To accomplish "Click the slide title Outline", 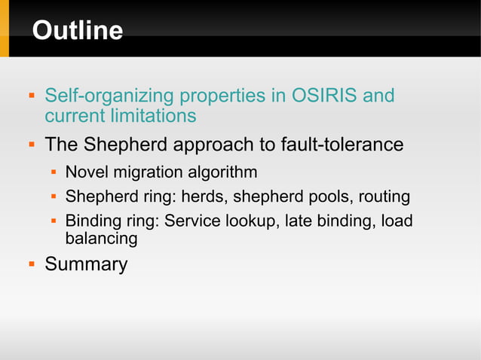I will pyautogui.click(x=77, y=30).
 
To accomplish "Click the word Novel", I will pyautogui.click(x=87, y=172).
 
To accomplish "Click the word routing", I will pyautogui.click(x=384, y=197).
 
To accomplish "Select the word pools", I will pyautogui.click(x=329, y=197).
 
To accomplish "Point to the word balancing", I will pyautogui.click(x=101, y=239).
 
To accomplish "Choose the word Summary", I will pyautogui.click(x=86, y=264).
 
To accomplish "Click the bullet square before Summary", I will pyautogui.click(x=32, y=264).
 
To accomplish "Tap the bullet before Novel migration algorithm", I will pyautogui.click(x=54, y=173).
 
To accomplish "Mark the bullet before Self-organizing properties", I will pyautogui.click(x=32, y=97).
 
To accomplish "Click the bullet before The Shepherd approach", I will pyautogui.click(x=32, y=144).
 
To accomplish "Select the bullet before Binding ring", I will pyautogui.click(x=54, y=222).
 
